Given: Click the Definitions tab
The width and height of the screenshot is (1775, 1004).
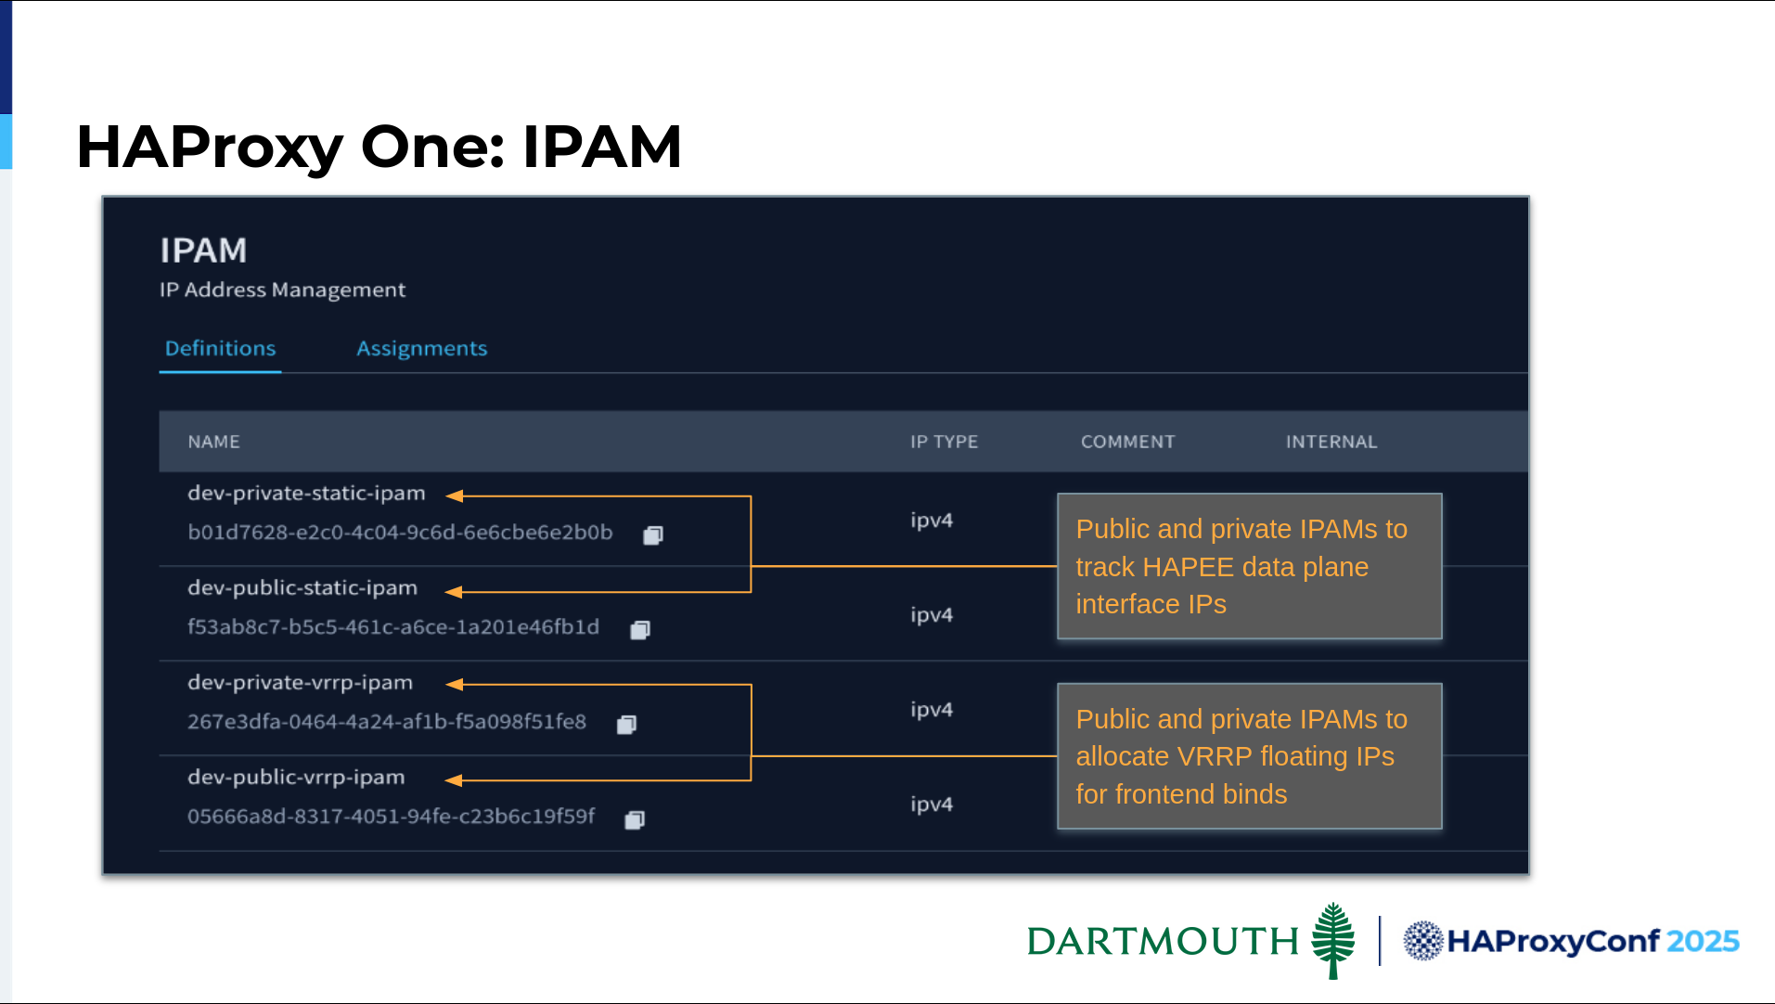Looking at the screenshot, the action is (x=220, y=348).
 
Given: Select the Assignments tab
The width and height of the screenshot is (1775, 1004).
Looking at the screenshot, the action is (x=421, y=349).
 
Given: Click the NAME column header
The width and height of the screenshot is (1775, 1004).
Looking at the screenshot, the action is (x=213, y=442).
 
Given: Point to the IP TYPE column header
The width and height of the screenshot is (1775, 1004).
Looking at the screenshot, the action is (x=944, y=442).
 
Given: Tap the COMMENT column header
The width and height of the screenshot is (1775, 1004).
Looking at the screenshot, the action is (x=1127, y=442).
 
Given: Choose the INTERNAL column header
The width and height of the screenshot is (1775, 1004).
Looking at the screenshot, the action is (x=1331, y=442).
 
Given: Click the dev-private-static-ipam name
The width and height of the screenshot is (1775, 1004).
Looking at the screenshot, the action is (x=306, y=494).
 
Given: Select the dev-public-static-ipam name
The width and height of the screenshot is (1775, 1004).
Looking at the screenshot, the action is (x=302, y=588).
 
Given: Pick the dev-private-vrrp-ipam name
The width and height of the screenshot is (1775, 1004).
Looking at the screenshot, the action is (x=300, y=683).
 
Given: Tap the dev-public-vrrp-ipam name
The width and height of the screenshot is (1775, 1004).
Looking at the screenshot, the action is (x=296, y=778).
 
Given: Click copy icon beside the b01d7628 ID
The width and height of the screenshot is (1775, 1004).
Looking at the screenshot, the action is (x=653, y=534).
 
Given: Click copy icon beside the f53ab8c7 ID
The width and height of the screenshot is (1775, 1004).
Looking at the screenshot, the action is (x=640, y=630).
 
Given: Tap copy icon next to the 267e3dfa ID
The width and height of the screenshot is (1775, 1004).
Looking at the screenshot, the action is (x=627, y=724).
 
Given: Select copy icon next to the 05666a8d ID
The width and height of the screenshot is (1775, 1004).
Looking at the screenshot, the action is (x=635, y=819).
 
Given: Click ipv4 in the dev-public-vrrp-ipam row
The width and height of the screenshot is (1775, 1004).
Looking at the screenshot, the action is (x=932, y=804).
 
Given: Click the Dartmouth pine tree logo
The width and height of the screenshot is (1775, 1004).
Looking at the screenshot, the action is (x=1333, y=941).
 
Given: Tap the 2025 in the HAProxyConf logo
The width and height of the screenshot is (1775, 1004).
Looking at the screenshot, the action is (x=1703, y=941).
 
